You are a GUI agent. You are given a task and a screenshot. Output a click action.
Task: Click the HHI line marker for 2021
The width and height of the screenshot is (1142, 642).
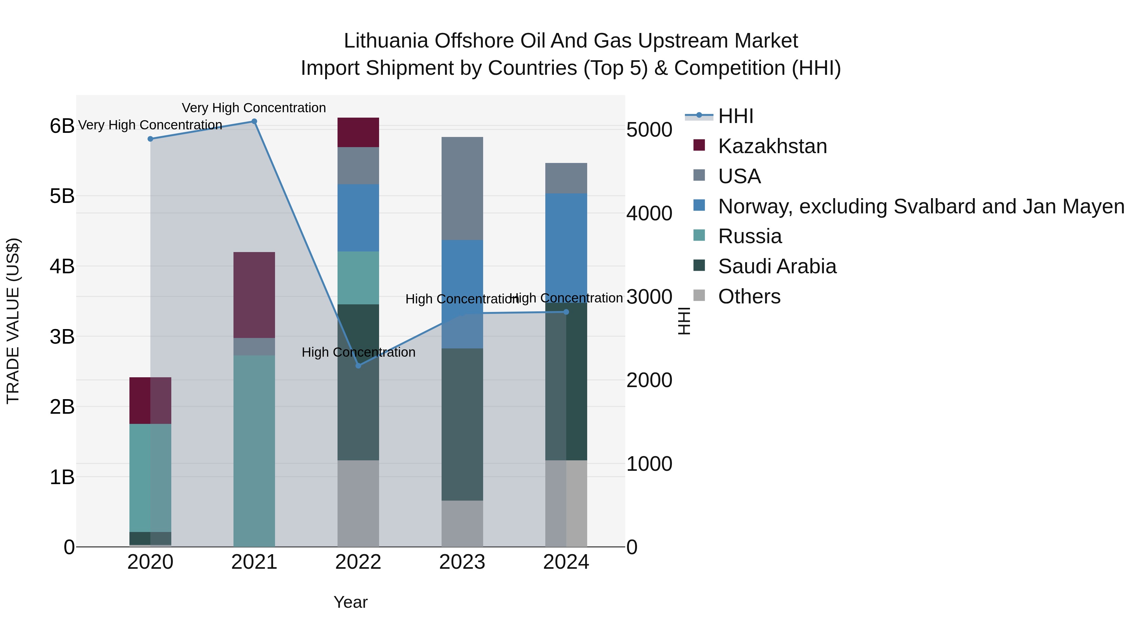pos(254,121)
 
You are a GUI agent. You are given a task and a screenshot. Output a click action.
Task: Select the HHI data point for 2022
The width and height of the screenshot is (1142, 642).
pos(358,366)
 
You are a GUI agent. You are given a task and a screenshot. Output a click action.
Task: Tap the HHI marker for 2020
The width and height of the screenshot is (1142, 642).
pos(150,139)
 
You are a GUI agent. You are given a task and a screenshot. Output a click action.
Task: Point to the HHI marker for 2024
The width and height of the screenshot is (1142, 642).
pos(566,312)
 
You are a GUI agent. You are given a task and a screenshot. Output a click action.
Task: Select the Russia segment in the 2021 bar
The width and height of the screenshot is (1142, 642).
pos(254,451)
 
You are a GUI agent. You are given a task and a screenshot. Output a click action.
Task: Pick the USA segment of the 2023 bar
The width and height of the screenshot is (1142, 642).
pos(462,188)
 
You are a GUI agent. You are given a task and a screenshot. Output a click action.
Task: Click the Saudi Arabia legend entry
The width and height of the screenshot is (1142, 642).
pos(777,266)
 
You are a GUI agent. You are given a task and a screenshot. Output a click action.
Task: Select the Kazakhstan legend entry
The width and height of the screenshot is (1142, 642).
pos(772,146)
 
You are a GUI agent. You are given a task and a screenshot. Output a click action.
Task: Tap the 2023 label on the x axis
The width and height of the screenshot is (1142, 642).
pos(462,562)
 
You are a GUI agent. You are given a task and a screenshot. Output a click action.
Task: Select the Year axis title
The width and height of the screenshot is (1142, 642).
pos(350,602)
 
